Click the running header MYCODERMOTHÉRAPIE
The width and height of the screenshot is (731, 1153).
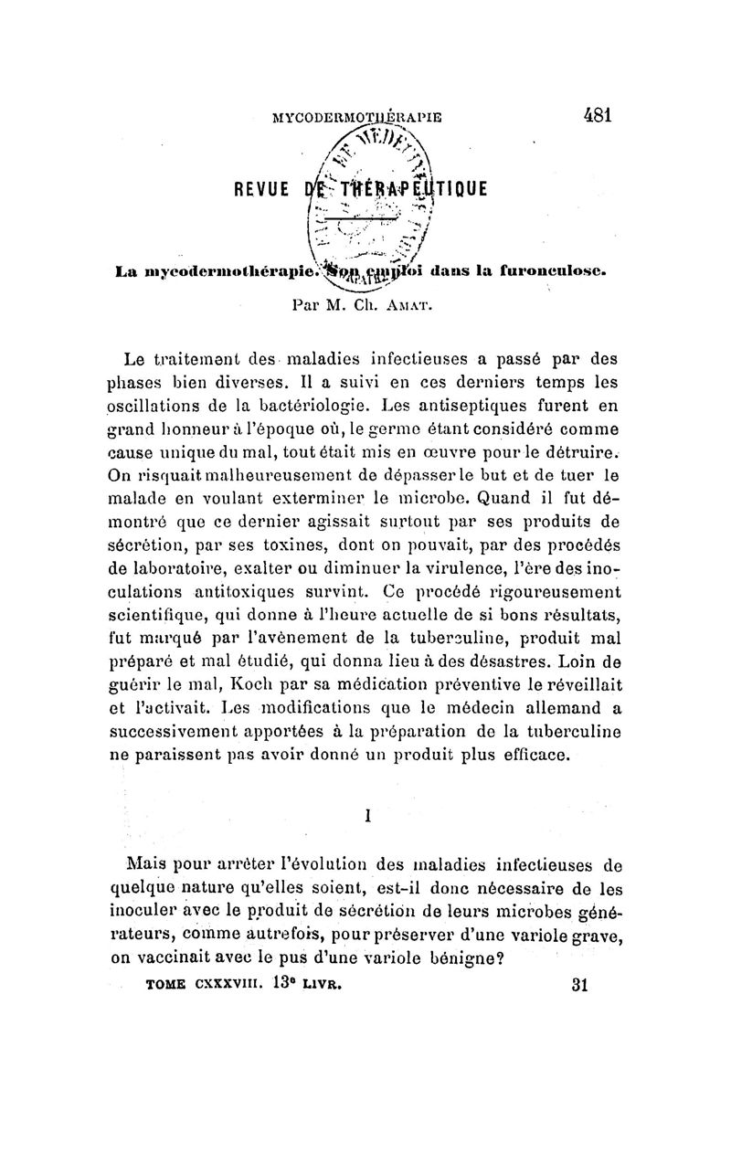pyautogui.click(x=357, y=117)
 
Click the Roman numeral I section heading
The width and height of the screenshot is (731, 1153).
pyautogui.click(x=366, y=817)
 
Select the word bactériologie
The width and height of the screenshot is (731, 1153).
pyautogui.click(x=301, y=404)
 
